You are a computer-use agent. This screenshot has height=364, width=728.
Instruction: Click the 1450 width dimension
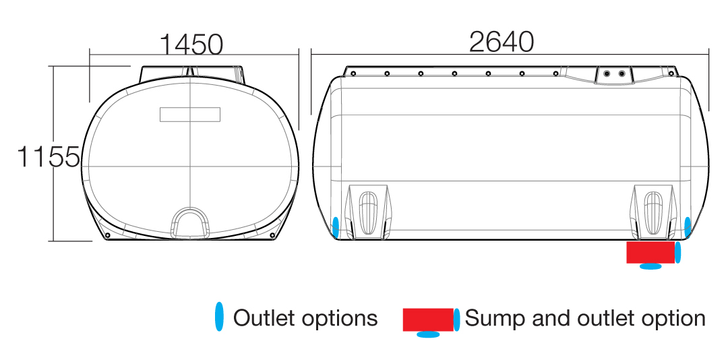191,44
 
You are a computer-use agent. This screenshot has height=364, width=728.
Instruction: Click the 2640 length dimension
502,42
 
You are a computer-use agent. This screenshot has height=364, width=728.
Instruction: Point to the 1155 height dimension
49,156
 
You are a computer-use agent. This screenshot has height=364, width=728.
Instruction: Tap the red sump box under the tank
650,252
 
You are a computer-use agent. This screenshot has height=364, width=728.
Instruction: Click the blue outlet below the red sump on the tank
651,266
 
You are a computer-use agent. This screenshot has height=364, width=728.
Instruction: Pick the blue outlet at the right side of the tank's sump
678,252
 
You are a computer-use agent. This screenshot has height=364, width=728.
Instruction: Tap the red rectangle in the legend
428,320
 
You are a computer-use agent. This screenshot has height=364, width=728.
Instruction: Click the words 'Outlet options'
305,318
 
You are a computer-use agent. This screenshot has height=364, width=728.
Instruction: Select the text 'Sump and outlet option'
585,318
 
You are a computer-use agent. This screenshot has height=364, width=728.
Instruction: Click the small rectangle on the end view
190,114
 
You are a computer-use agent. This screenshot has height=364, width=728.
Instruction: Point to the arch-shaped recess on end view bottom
191,221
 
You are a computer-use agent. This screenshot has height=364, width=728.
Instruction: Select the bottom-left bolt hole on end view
108,235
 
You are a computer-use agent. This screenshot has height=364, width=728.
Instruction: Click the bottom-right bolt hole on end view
272,235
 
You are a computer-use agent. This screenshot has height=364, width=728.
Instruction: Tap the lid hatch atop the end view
192,74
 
